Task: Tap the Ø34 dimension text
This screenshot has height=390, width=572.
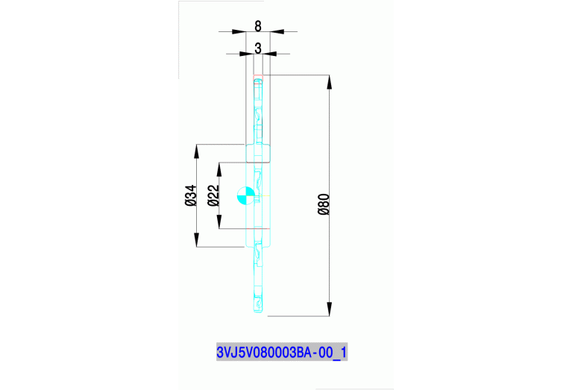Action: click(x=190, y=195)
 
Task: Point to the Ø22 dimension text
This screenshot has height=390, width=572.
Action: click(x=213, y=195)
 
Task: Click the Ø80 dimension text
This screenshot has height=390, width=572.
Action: click(x=323, y=204)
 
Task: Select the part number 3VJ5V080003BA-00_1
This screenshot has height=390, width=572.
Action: click(x=281, y=352)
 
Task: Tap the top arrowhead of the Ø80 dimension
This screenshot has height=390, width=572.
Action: click(x=330, y=80)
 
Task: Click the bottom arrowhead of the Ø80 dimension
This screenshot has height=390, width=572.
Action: click(x=330, y=310)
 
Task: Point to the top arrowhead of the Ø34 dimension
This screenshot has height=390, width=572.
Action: click(x=198, y=148)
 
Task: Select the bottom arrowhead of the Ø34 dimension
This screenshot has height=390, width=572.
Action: click(x=198, y=242)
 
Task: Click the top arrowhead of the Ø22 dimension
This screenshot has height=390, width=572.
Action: click(x=219, y=168)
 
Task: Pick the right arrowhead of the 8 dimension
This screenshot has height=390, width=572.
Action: click(x=276, y=32)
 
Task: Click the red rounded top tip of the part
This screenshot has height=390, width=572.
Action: click(x=258, y=78)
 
